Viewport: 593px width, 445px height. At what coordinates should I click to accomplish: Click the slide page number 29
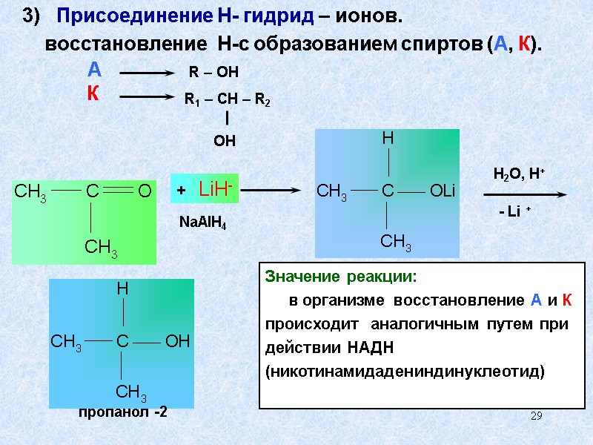(536, 416)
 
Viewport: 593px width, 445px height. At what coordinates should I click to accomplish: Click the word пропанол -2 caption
(123, 413)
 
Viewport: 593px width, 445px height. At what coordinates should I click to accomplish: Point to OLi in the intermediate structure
(443, 191)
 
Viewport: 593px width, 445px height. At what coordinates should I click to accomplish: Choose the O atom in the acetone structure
(145, 191)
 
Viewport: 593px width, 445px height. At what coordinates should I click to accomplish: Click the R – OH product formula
(212, 72)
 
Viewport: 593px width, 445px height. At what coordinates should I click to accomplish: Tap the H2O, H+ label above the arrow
(519, 174)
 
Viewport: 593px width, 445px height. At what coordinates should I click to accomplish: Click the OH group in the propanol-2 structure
(178, 341)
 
